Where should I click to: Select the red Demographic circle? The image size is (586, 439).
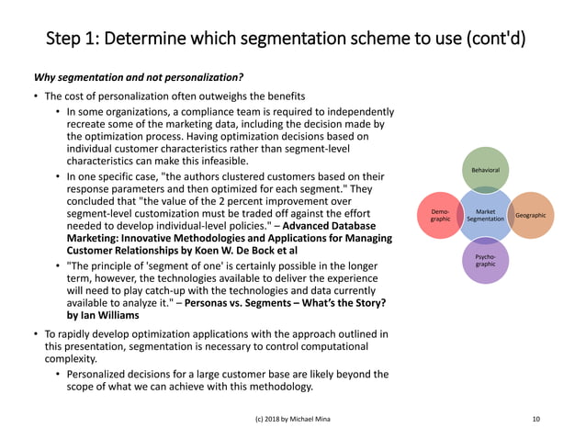point(440,215)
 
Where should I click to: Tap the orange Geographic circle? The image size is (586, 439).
point(530,215)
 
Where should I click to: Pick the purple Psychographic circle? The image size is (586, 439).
point(486,260)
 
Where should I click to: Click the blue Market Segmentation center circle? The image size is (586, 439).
point(485,215)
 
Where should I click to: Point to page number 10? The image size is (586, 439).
point(536,419)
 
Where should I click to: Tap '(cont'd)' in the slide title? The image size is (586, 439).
point(496,39)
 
